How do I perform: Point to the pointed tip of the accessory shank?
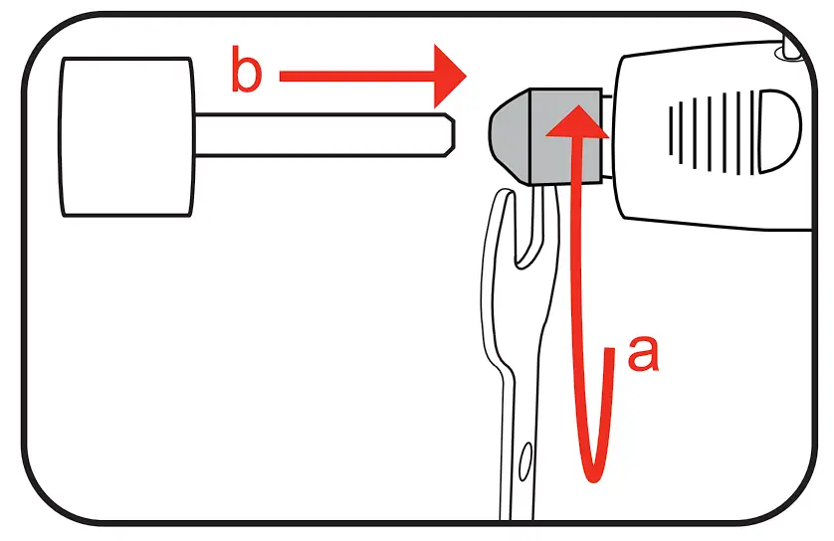click(451, 133)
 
